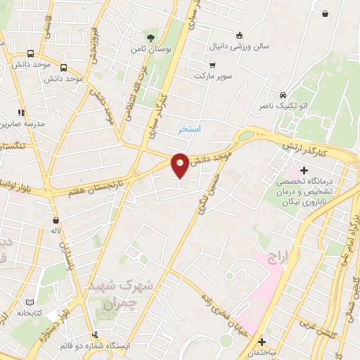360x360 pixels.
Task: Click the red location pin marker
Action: (180, 164)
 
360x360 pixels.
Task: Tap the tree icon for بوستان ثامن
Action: (150, 37)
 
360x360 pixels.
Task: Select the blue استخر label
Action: (190, 130)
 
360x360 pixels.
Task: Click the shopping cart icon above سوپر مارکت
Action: (212, 65)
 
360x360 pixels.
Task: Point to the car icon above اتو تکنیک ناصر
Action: (282, 95)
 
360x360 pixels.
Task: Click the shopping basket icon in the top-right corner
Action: (325, 13)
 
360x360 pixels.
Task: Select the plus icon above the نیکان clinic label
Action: (304, 169)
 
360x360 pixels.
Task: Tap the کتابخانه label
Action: (30, 311)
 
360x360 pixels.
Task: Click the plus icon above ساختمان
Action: (262, 340)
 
